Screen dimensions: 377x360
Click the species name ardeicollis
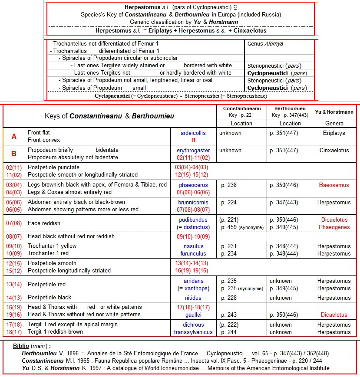click(x=193, y=133)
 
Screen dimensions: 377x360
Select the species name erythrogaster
click(x=193, y=150)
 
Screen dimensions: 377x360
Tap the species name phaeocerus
click(x=193, y=185)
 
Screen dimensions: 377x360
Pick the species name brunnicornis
click(x=193, y=202)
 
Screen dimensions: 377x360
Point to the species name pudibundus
click(x=193, y=220)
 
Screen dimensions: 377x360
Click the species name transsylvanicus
click(x=193, y=332)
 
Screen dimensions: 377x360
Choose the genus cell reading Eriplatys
click(x=333, y=133)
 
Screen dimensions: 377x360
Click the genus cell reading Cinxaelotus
click(x=333, y=150)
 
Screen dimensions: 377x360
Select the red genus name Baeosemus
click(x=333, y=185)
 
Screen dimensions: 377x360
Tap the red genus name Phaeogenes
click(x=333, y=227)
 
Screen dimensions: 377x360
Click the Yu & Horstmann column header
click(x=334, y=112)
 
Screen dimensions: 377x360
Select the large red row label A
click(x=14, y=136)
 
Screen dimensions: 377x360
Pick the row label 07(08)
click(x=14, y=223)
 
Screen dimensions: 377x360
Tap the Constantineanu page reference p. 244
click(x=230, y=332)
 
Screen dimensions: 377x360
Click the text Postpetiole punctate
click(x=53, y=167)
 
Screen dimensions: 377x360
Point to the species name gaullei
click(x=193, y=315)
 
